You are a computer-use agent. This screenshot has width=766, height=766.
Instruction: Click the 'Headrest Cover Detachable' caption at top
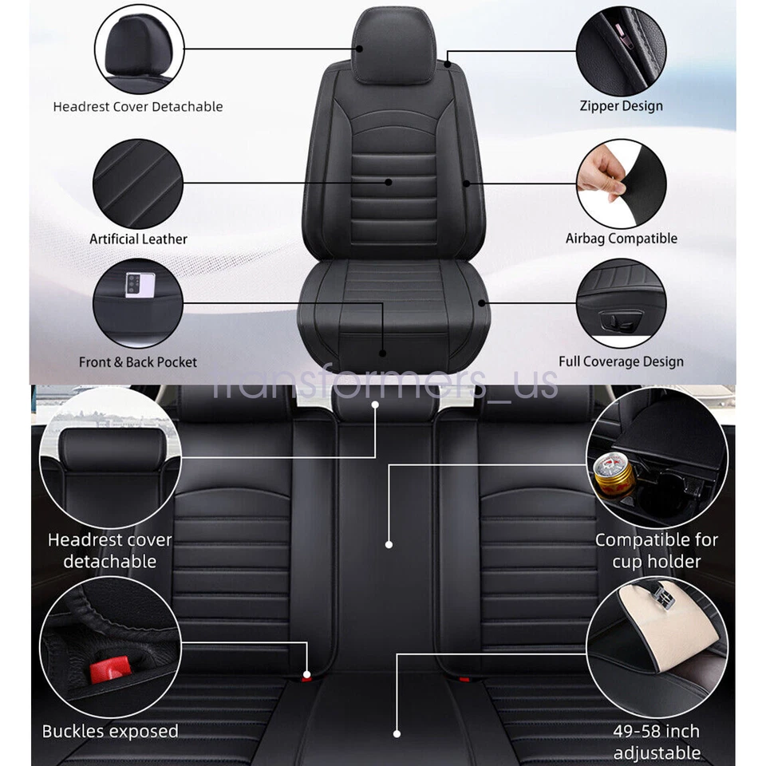pyautogui.click(x=138, y=106)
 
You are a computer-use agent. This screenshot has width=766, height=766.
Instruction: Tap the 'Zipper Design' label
pyautogui.click(x=621, y=105)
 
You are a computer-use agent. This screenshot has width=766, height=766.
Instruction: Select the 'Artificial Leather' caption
pyautogui.click(x=138, y=239)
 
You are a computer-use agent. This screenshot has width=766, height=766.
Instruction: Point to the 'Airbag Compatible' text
pyautogui.click(x=621, y=238)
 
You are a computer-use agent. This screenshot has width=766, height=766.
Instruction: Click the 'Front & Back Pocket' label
pyautogui.click(x=138, y=361)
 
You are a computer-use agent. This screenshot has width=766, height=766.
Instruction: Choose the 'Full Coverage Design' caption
pyautogui.click(x=621, y=361)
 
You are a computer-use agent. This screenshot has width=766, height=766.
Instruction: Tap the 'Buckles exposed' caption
pyautogui.click(x=110, y=731)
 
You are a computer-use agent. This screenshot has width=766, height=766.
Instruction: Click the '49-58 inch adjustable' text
pyautogui.click(x=657, y=741)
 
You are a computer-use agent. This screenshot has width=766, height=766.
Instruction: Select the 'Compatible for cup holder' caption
pyautogui.click(x=657, y=551)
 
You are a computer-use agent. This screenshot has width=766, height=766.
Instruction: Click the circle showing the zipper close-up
pyautogui.click(x=622, y=49)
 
